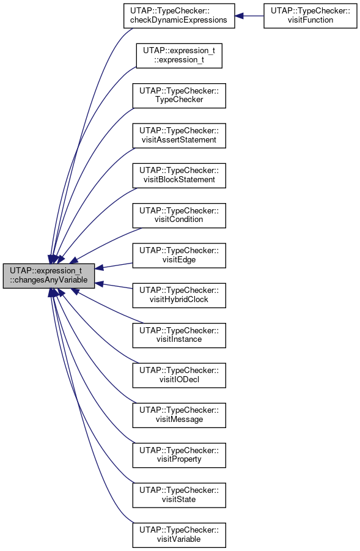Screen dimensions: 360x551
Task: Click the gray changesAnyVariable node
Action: coord(49,276)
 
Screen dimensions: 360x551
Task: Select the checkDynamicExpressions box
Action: coord(179,16)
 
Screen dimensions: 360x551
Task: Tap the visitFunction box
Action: coord(310,16)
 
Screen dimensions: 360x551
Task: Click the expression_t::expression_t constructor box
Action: coord(179,56)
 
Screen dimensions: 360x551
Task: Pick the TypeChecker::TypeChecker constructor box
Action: coord(179,95)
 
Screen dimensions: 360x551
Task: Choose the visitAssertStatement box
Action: coord(179,136)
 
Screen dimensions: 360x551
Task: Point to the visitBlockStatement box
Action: coord(179,176)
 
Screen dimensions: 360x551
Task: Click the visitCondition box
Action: coord(179,215)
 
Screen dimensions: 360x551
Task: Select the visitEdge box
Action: coord(179,256)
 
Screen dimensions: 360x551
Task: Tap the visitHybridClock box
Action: coord(179,295)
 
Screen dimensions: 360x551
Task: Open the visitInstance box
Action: coord(179,335)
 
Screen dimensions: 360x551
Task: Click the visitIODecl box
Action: coord(179,375)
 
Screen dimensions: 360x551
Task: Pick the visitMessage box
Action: coord(179,415)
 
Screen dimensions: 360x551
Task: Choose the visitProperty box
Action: coord(179,455)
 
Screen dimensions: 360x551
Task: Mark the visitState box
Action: coord(179,495)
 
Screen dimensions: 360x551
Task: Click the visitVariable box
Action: coord(179,535)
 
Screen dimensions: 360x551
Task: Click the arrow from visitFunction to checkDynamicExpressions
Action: coord(249,16)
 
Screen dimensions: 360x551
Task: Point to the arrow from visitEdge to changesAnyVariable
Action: coord(114,265)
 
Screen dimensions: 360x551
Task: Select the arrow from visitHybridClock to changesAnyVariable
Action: coord(114,286)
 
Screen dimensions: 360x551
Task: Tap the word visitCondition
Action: coord(178,220)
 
